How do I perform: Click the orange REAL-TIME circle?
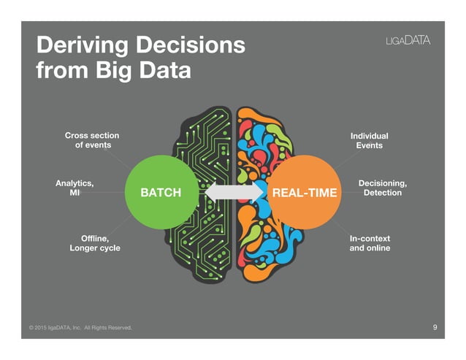coord(305,193)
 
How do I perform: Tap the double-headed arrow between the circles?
coord(234,193)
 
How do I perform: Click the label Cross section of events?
coord(92,140)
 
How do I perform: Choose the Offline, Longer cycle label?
coord(95,243)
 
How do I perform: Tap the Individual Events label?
coord(369,140)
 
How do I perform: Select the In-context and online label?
coord(370,243)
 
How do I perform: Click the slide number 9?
coord(435,327)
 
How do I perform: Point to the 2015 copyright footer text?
coord(80,328)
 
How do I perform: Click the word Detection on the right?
coord(383,194)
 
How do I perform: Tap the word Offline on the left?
coord(94,238)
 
